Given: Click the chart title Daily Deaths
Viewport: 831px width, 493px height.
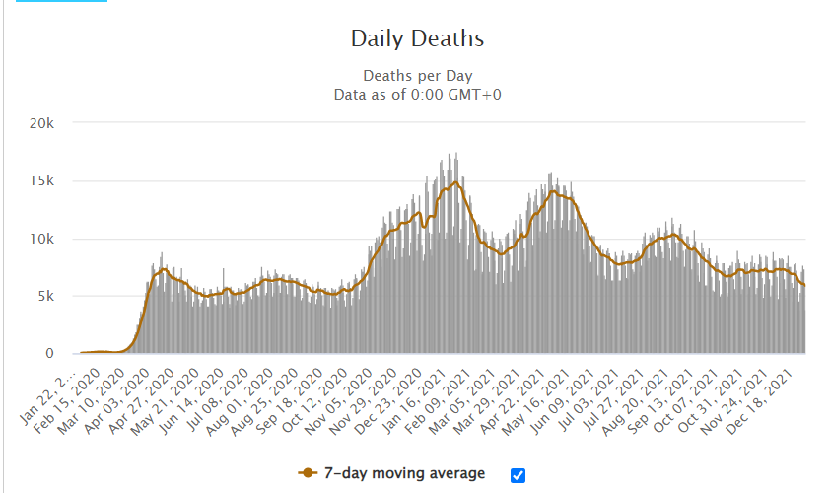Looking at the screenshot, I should (x=418, y=39).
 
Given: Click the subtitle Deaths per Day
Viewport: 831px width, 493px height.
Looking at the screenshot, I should (x=418, y=76).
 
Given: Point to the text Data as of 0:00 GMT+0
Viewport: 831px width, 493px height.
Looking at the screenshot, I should (x=418, y=94).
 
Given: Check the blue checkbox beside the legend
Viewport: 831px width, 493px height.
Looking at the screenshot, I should (x=519, y=474).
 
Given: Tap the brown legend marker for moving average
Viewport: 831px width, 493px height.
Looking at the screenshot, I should (x=310, y=474).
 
